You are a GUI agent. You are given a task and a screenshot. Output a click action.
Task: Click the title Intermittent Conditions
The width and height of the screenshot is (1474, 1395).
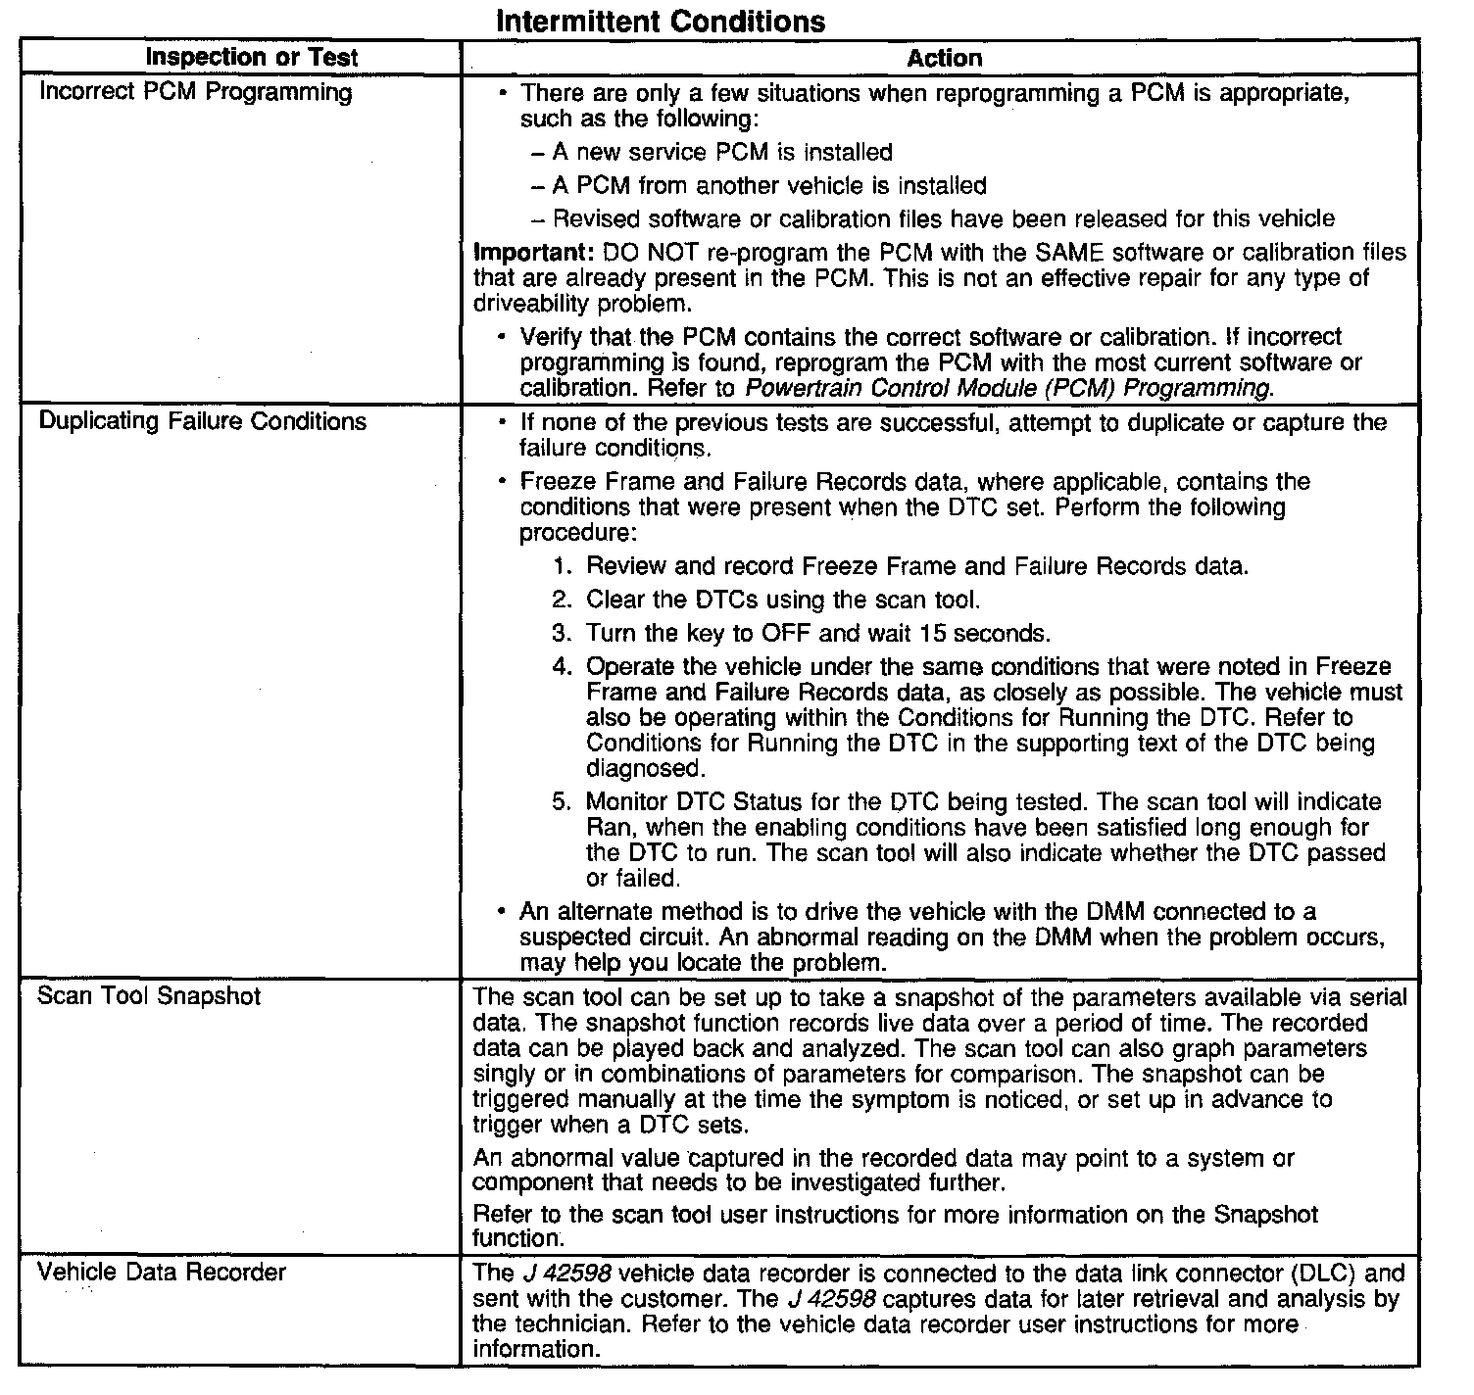point(661,21)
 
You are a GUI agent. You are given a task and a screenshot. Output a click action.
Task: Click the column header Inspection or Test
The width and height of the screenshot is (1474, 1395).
point(251,58)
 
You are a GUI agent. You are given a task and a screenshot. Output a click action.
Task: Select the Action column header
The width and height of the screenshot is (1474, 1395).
point(944,59)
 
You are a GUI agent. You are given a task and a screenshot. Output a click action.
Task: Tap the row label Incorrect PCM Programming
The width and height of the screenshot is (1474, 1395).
point(195,93)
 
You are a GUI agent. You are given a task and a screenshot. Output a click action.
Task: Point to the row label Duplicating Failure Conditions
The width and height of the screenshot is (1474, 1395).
point(202,422)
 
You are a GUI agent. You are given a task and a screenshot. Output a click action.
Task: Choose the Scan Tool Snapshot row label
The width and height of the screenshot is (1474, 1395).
point(149,996)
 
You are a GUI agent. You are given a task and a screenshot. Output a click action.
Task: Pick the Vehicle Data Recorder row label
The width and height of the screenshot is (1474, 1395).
point(161,1273)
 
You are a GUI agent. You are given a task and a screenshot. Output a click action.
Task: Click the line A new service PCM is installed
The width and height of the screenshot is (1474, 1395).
point(722,153)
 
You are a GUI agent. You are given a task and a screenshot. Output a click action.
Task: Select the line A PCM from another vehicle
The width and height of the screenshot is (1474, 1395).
point(769,186)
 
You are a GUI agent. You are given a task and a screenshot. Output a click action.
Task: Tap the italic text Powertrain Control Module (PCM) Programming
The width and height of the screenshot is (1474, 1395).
point(1009,388)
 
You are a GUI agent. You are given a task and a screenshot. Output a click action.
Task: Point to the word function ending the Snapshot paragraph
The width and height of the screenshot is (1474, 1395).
point(516,1239)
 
